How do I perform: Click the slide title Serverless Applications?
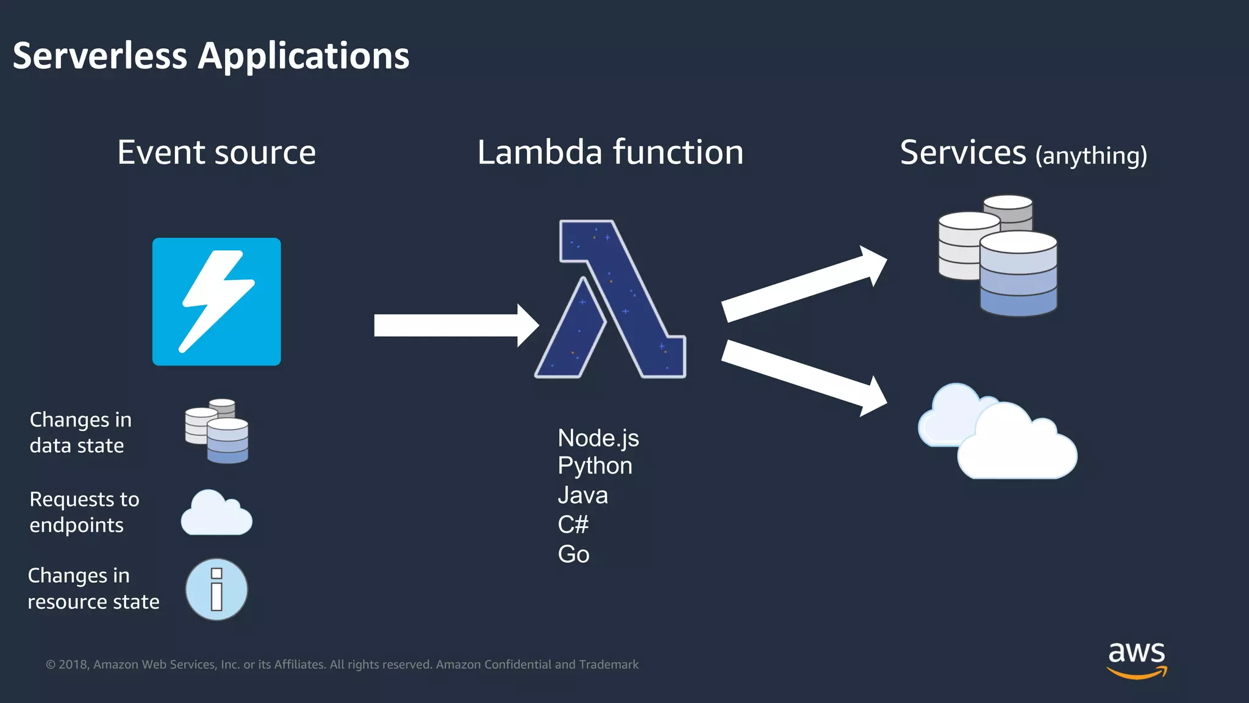[211, 56]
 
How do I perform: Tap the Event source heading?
[217, 153]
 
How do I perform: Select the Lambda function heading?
[610, 153]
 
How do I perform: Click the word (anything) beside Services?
[1091, 156]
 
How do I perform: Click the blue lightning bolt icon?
[217, 301]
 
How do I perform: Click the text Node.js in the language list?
[598, 438]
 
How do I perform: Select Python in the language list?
[595, 466]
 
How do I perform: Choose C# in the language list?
[573, 524]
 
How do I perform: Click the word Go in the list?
[573, 554]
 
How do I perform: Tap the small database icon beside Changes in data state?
[217, 431]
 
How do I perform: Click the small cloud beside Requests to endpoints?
[217, 514]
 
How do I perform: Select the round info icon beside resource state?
[217, 589]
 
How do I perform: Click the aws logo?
[1137, 659]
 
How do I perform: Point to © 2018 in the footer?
[68, 665]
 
